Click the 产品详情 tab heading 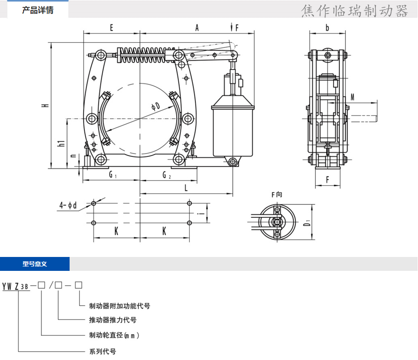click(38, 10)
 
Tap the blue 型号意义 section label click(35, 264)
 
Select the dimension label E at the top click(111, 28)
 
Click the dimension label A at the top click(197, 28)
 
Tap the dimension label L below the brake click(186, 188)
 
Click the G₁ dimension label click(112, 175)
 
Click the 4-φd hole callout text click(68, 205)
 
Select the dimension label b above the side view click(327, 28)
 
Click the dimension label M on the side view click(352, 97)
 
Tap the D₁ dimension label click(307, 223)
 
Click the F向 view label click(277, 194)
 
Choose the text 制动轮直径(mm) click(114, 335)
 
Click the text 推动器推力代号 click(113, 320)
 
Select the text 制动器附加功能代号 click(120, 306)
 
